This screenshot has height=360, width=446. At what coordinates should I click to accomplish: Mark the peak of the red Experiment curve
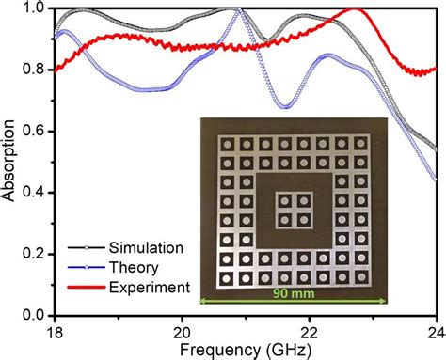pyautogui.click(x=356, y=10)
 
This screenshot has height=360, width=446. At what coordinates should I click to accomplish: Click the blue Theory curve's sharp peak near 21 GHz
pyautogui.click(x=240, y=10)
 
